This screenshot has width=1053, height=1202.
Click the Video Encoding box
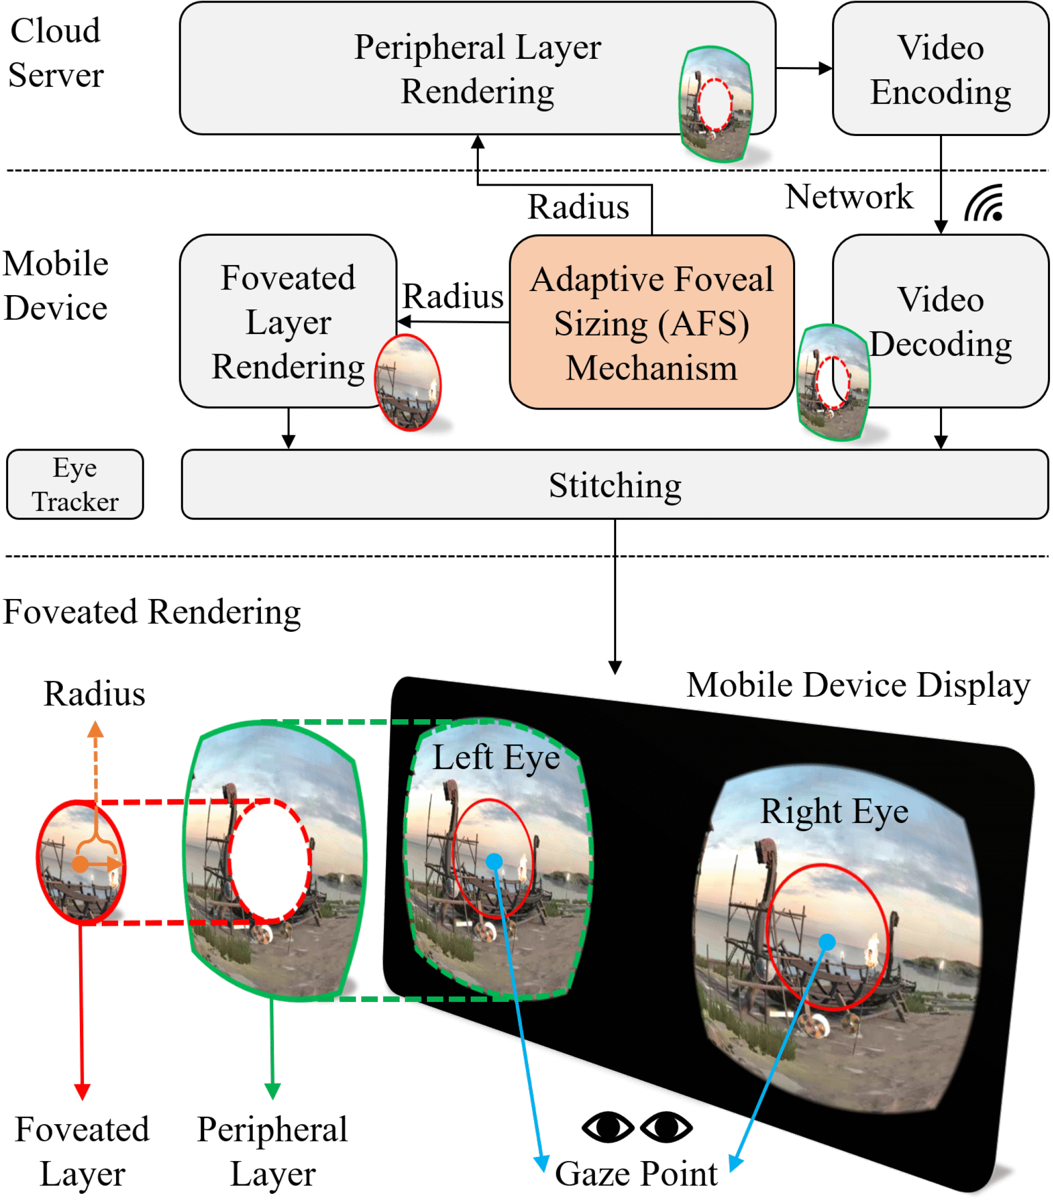click(x=940, y=69)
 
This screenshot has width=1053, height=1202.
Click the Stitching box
click(x=615, y=485)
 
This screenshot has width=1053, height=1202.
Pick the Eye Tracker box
click(x=75, y=485)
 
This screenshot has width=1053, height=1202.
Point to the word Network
click(x=848, y=196)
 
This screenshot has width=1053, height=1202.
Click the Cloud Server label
click(x=56, y=53)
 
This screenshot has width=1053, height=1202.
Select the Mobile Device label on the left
click(x=56, y=285)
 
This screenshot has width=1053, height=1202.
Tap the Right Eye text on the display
click(x=834, y=811)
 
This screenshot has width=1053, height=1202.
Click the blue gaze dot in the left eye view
click(x=494, y=861)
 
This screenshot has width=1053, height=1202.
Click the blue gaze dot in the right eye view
click(x=827, y=942)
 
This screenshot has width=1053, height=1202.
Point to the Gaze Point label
click(x=636, y=1174)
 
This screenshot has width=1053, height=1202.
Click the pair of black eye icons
click(x=637, y=1127)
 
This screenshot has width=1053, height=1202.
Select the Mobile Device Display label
click(x=858, y=685)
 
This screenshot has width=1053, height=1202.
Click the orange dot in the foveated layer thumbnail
click(x=80, y=864)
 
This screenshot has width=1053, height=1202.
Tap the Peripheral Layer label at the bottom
click(x=272, y=1151)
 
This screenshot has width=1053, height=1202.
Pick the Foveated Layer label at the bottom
click(x=82, y=1151)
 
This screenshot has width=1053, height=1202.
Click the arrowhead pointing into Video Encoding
click(x=826, y=68)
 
